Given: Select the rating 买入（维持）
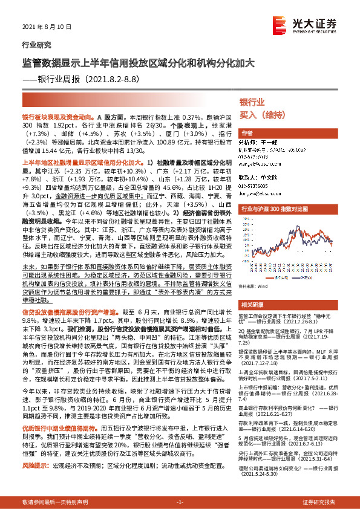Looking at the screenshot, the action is point(262,114).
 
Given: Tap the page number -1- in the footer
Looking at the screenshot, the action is point(180,502).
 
